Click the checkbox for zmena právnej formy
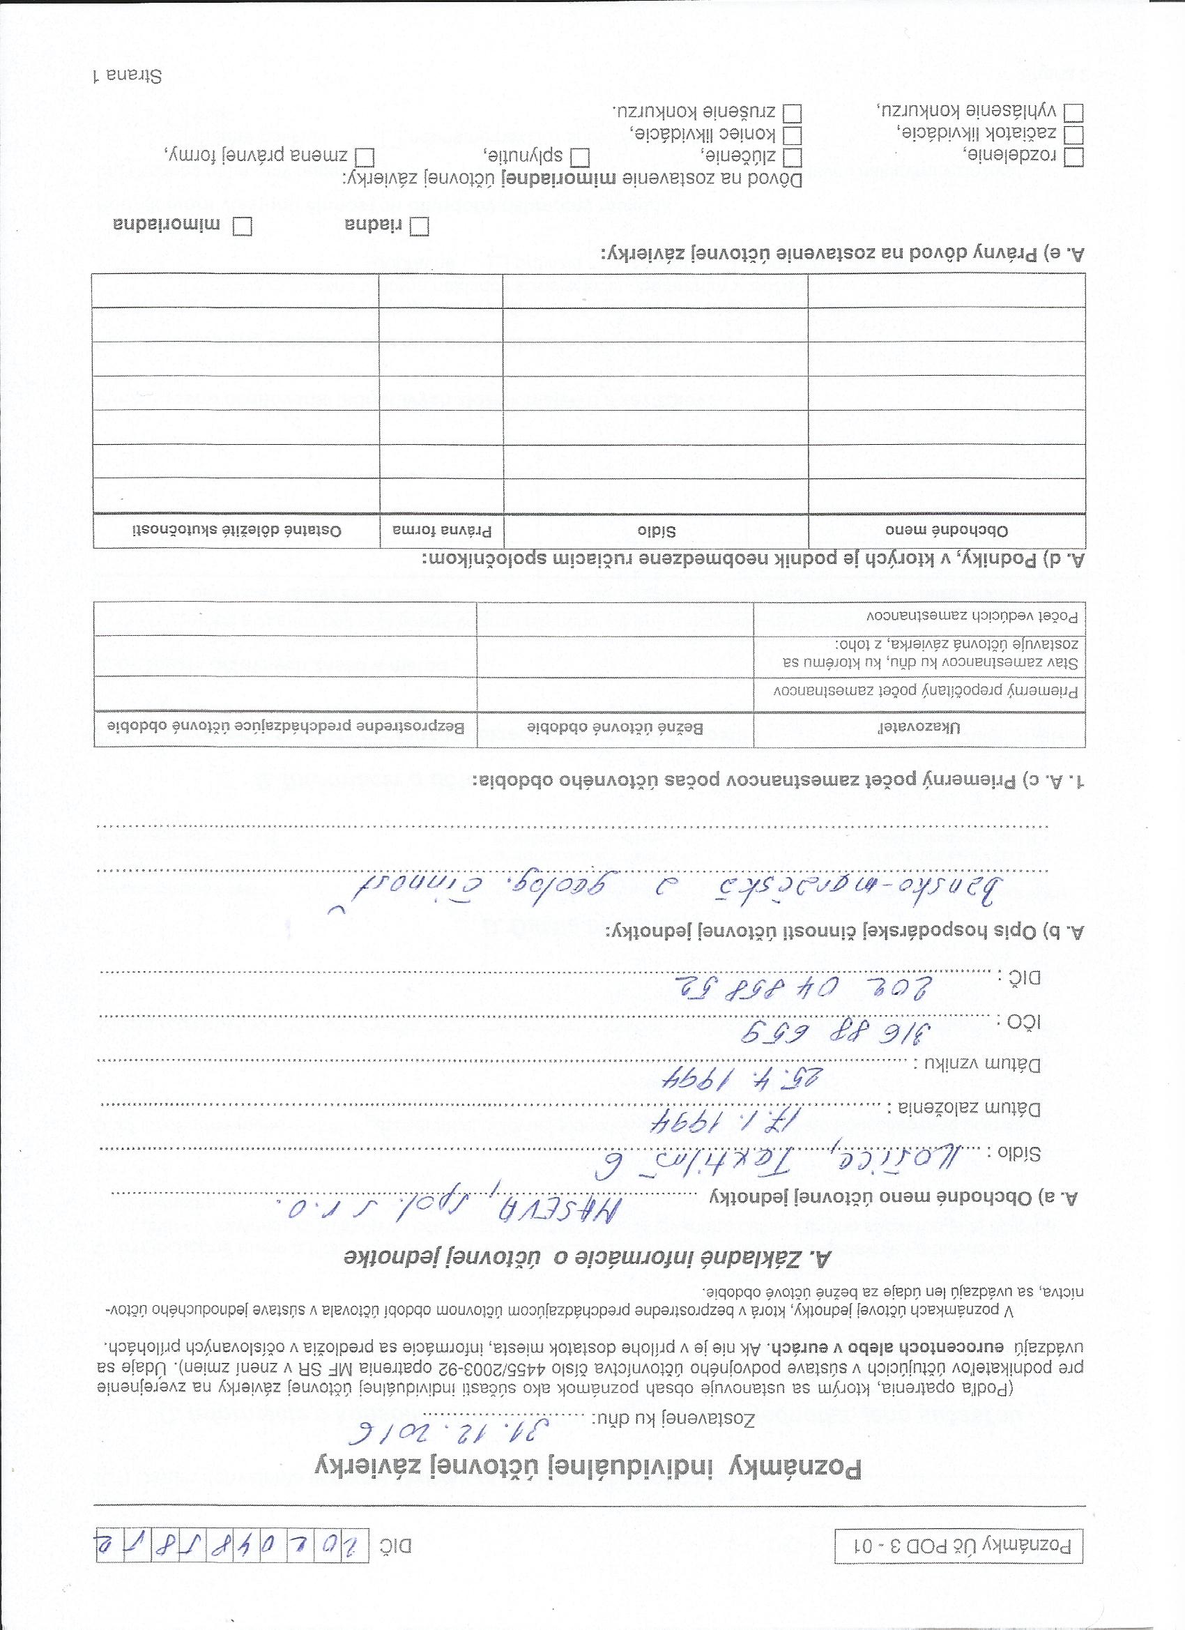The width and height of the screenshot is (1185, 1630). pyautogui.click(x=366, y=157)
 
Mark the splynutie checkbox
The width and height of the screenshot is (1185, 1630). pyautogui.click(x=579, y=157)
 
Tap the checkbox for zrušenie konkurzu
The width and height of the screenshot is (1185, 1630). pyautogui.click(x=792, y=114)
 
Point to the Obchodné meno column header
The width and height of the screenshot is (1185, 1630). pyautogui.click(x=947, y=531)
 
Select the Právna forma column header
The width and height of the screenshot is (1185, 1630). pyautogui.click(x=441, y=531)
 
